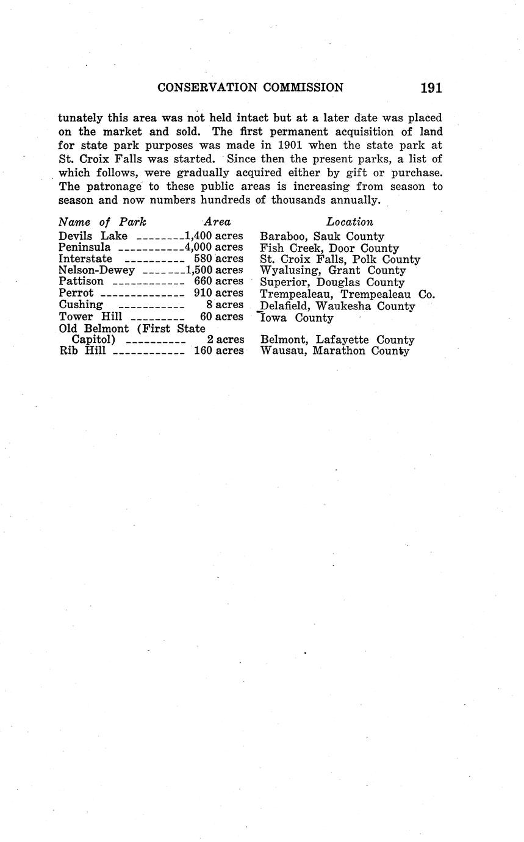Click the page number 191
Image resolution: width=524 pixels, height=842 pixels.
point(431,88)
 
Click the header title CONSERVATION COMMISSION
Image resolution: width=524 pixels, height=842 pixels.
point(250,88)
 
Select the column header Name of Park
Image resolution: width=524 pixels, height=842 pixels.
point(102,222)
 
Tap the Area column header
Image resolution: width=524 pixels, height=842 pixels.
point(217,222)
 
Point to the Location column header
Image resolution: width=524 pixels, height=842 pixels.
point(350,222)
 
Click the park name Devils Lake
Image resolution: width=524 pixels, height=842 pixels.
point(93,236)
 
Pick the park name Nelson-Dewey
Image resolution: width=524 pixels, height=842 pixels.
point(96,270)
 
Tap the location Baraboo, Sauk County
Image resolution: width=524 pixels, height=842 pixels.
point(322,236)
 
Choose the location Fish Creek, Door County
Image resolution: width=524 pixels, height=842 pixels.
point(329,248)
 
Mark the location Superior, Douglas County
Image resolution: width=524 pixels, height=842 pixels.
point(332,282)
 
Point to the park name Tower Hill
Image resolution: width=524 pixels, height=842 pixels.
point(90,317)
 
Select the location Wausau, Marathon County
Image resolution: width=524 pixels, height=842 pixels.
point(335,351)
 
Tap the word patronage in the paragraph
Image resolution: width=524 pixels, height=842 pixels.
point(120,187)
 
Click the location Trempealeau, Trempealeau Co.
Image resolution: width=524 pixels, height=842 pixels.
point(347,294)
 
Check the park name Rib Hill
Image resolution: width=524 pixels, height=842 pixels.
point(82,351)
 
